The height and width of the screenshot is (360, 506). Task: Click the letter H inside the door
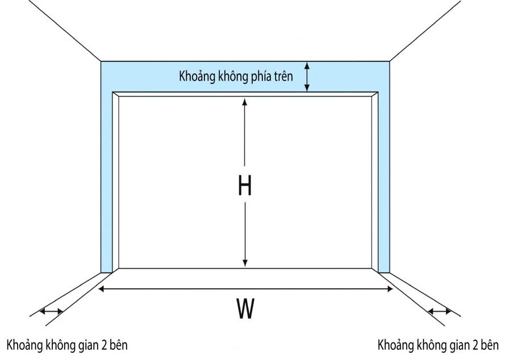click(x=245, y=186)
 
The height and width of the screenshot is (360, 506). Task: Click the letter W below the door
click(x=245, y=309)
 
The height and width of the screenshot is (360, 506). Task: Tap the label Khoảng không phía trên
click(x=236, y=77)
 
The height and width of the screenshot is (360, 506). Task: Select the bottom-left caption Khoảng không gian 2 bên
click(x=68, y=345)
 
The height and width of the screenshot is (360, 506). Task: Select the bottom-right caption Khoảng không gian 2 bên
click(x=437, y=345)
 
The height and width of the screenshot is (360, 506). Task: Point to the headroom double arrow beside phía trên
click(x=307, y=76)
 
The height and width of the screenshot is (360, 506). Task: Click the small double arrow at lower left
click(x=51, y=311)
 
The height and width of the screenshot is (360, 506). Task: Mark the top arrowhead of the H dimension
click(x=245, y=102)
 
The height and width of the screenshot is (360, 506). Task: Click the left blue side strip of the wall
click(x=107, y=182)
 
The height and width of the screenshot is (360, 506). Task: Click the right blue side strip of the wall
click(x=384, y=182)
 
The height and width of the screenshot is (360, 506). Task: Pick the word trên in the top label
click(x=282, y=77)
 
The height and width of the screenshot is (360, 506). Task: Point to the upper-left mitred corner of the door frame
click(x=116, y=94)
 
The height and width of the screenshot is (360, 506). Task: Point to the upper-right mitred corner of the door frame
click(x=375, y=94)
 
